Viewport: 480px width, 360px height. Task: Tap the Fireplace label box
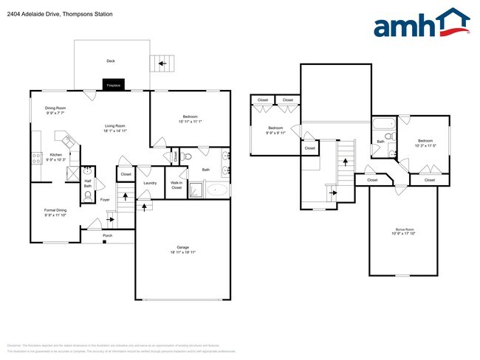pyautogui.click(x=114, y=85)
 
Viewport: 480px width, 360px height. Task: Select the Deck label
pyautogui.click(x=111, y=61)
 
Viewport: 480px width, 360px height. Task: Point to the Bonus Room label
pyautogui.click(x=404, y=230)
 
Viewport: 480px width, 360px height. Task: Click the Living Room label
pyautogui.click(x=114, y=126)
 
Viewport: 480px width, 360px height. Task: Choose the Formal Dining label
pyautogui.click(x=55, y=210)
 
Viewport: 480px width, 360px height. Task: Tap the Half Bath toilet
pyautogui.click(x=88, y=196)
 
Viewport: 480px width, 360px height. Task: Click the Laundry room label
pyautogui.click(x=149, y=183)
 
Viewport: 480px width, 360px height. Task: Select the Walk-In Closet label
pyautogui.click(x=176, y=185)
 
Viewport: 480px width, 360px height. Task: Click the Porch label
pyautogui.click(x=108, y=235)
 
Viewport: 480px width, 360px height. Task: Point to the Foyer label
pyautogui.click(x=105, y=199)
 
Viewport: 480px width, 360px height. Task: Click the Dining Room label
pyautogui.click(x=56, y=108)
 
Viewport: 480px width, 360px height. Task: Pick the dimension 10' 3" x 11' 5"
pyautogui.click(x=425, y=145)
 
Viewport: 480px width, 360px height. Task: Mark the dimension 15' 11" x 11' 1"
pyautogui.click(x=191, y=122)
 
